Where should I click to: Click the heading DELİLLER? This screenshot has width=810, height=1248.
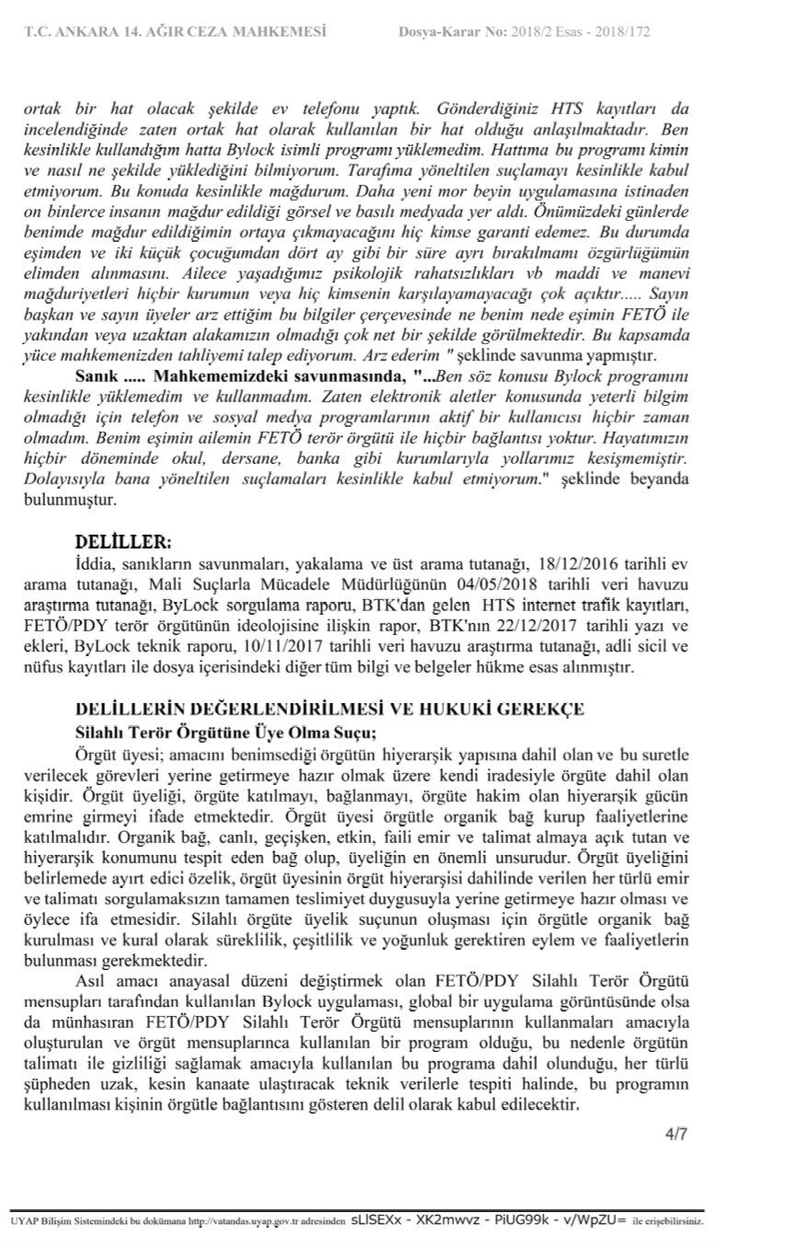(x=124, y=541)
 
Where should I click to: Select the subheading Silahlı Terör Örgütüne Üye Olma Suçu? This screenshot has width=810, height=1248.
(x=226, y=733)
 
